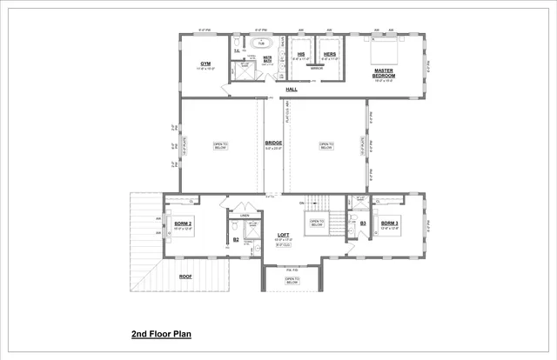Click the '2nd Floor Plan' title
click(x=161, y=334)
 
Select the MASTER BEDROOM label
click(x=385, y=73)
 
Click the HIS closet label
click(x=299, y=54)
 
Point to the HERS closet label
click(x=330, y=54)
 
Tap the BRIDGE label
click(x=272, y=143)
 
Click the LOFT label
click(x=283, y=235)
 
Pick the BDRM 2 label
click(x=183, y=223)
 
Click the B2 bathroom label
click(x=211, y=238)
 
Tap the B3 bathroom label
click(x=363, y=223)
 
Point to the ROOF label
click(x=185, y=277)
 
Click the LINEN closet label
click(x=245, y=214)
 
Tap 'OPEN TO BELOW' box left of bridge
click(x=219, y=146)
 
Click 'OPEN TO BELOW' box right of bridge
click(x=325, y=146)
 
